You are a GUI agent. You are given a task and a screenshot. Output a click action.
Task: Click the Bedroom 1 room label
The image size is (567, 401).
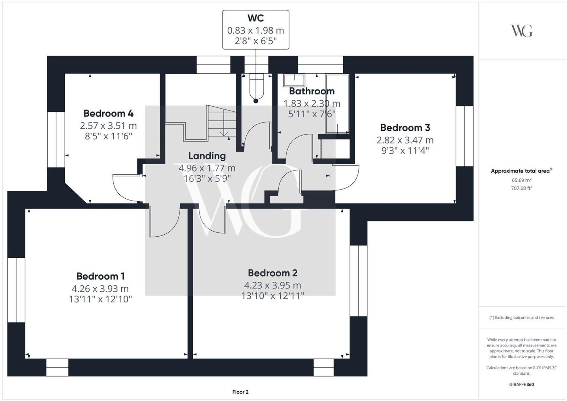pos(100,276)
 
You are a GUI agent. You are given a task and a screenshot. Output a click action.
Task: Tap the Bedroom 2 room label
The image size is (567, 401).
pos(272,273)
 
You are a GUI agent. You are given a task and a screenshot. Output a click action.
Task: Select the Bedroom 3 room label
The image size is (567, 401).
pos(405,128)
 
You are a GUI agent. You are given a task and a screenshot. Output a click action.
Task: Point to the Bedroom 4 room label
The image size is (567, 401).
pos(108,113)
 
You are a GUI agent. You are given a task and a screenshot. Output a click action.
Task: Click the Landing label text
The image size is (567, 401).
pos(207,156)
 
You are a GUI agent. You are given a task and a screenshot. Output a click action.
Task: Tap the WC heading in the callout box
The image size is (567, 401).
pos(255,18)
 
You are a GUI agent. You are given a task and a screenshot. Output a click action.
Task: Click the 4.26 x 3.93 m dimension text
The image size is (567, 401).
pos(100,288)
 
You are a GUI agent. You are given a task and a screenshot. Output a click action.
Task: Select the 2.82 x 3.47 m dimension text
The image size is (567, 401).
pos(405,140)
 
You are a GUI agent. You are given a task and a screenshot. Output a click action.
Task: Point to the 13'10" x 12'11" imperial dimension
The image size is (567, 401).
pos(272,296)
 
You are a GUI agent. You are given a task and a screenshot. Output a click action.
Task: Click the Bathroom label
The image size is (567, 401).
pos(312,91)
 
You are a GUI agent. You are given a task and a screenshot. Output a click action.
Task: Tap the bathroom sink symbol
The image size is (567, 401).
pos(294,80)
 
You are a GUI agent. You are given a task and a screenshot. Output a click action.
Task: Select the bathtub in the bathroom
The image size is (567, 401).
pos(337,103)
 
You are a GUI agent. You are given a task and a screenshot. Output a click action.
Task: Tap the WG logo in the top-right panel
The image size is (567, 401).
pos(521,31)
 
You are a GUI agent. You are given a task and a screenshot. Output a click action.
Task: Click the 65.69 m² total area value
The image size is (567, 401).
pos(521,180)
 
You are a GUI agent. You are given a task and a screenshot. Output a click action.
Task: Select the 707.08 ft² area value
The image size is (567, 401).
pos(521,188)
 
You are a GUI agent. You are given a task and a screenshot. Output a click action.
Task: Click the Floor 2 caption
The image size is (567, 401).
pos(240,392)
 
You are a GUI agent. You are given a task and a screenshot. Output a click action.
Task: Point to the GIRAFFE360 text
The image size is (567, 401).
pos(521,385)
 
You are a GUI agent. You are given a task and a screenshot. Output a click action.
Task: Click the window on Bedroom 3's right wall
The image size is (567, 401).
pos(464,136)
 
